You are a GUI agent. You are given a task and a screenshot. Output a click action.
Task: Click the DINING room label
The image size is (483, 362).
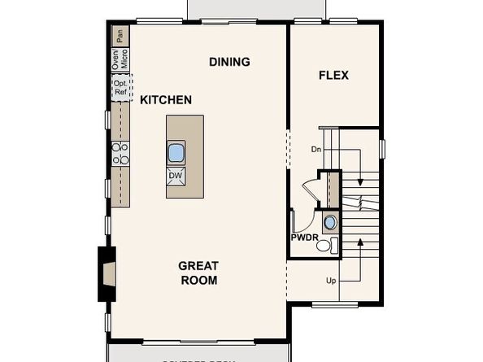[x=229, y=62]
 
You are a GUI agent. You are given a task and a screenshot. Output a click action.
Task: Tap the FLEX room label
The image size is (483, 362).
[x=333, y=75]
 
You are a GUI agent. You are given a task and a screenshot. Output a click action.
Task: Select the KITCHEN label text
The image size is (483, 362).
[x=166, y=100]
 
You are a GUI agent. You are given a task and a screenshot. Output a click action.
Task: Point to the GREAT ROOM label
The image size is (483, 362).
[x=198, y=273]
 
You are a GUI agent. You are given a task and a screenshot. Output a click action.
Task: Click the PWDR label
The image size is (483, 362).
[x=305, y=238]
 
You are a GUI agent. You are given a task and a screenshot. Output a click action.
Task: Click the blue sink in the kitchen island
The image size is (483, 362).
[x=176, y=152]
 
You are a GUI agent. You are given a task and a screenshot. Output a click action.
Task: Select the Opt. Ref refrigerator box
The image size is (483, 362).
[x=120, y=89]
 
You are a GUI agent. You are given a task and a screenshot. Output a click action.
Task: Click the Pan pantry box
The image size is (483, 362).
[x=119, y=35]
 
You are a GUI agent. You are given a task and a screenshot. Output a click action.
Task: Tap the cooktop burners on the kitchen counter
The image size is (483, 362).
[x=120, y=151]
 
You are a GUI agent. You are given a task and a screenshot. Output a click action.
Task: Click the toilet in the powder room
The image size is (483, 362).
[x=324, y=245]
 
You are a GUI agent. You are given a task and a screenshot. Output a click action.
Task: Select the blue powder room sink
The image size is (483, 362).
[x=329, y=223]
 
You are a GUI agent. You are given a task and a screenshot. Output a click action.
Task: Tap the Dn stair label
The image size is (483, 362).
[x=316, y=150]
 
